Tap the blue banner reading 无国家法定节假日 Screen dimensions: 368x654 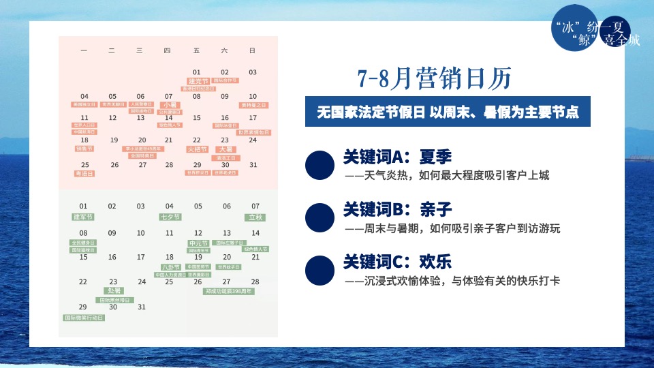tap(448, 112)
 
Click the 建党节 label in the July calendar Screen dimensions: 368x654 tap(198, 81)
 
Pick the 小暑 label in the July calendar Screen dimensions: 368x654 tap(169, 105)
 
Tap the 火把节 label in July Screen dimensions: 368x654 tap(197, 149)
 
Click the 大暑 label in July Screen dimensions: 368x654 tap(225, 149)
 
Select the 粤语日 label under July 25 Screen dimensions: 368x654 tap(84, 174)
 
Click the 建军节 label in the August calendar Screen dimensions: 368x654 tap(83, 217)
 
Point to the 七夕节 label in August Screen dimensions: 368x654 tap(170, 217)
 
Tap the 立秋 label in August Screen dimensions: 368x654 tap(255, 217)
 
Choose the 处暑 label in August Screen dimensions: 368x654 tap(113, 291)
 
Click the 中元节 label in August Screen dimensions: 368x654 tap(198, 243)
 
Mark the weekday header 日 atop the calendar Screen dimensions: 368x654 tap(252, 50)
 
